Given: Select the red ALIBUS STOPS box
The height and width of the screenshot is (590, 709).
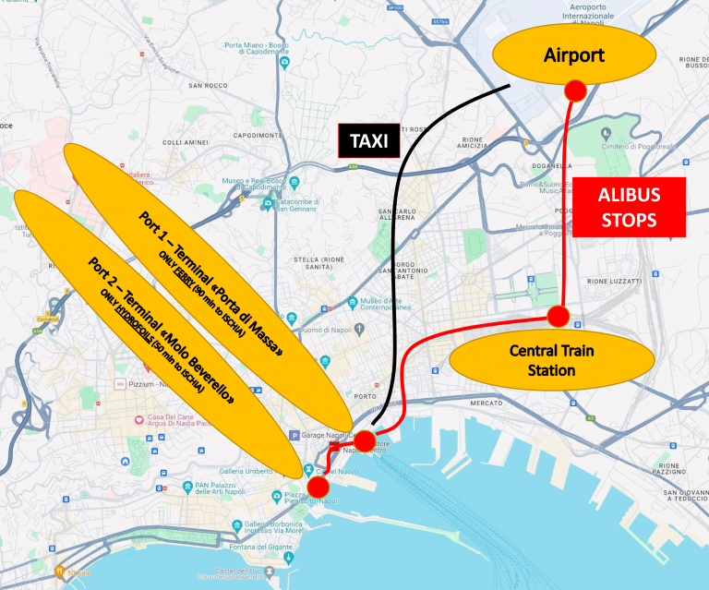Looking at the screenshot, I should pos(628,208).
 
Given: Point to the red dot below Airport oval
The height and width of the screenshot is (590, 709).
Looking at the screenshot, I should pos(575,90).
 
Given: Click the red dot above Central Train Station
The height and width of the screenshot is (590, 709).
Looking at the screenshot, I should pos(558,316).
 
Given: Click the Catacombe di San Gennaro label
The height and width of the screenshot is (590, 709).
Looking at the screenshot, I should pos(296,205).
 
